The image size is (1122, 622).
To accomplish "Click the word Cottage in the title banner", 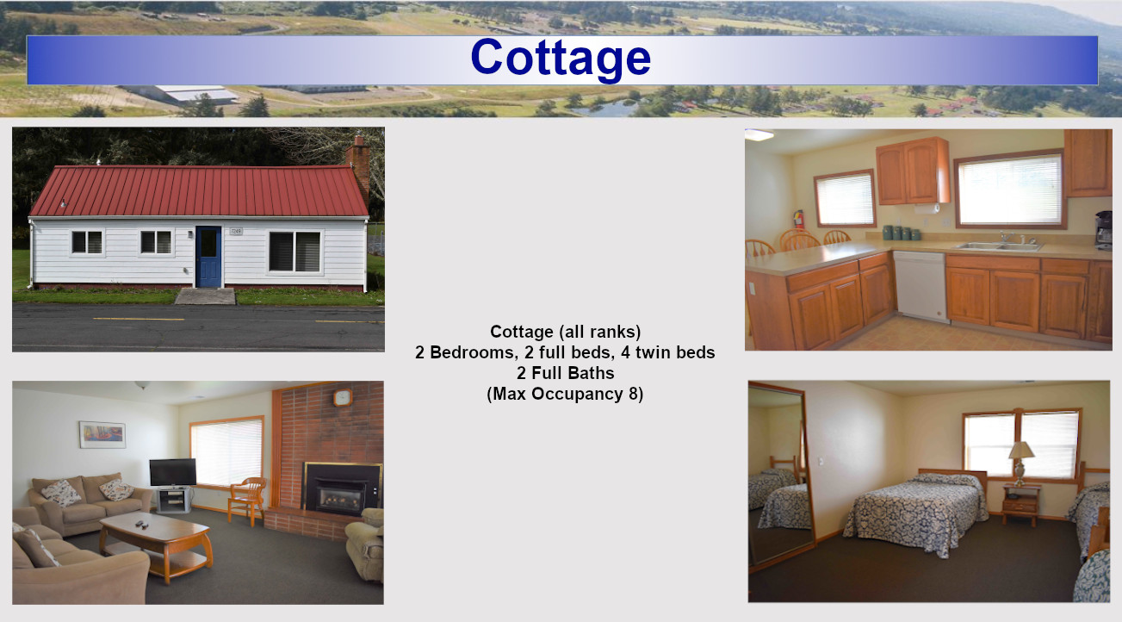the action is [x=561, y=59].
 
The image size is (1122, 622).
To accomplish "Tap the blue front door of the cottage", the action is [x=208, y=257].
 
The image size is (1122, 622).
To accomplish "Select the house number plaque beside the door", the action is [x=237, y=231].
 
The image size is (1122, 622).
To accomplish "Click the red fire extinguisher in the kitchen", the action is [x=798, y=219].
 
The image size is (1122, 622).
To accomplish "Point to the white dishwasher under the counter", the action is [x=921, y=286].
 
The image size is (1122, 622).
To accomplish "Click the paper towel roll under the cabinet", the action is [x=927, y=208].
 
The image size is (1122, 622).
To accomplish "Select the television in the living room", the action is [x=173, y=472].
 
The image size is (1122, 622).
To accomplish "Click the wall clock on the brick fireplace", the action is [x=343, y=397].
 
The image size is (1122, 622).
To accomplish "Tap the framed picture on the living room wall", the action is [x=102, y=434].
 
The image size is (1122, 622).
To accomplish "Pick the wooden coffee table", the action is [x=155, y=544].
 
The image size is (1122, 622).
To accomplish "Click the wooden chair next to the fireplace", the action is [x=247, y=500].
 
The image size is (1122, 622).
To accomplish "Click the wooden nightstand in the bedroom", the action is [x=1020, y=505].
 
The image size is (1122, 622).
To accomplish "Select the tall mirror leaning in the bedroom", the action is [x=780, y=474].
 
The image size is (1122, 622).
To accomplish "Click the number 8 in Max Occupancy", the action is [x=633, y=394].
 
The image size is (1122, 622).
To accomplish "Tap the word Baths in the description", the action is [x=591, y=373].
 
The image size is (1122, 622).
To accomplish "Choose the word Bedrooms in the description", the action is [x=472, y=352].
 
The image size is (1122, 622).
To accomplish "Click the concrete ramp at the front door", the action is [x=205, y=296].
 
